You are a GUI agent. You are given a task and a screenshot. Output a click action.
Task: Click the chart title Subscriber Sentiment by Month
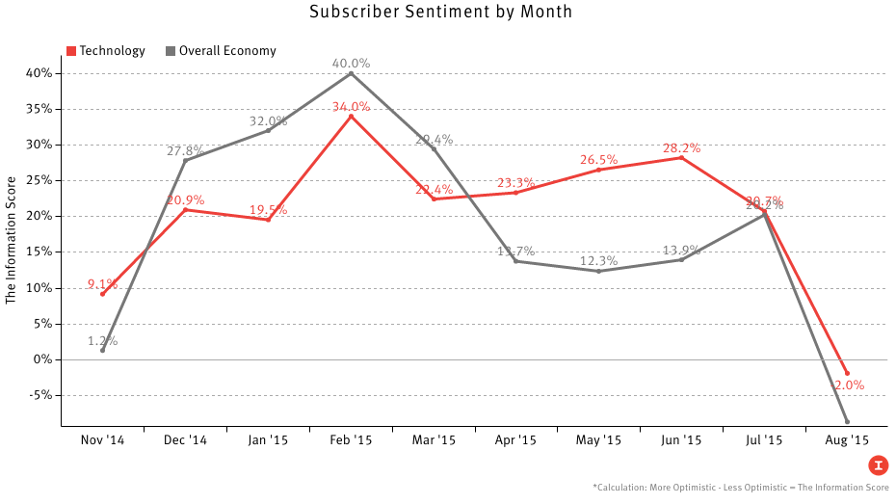tap(441, 13)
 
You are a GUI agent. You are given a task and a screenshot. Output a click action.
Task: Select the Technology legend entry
tap(105, 51)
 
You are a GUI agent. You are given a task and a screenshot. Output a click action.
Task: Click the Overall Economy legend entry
tap(221, 51)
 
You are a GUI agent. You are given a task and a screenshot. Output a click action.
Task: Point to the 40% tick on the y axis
tap(40, 73)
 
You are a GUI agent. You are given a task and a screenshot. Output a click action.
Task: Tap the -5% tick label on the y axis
tap(40, 395)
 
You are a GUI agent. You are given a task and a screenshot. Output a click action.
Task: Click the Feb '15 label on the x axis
tap(351, 440)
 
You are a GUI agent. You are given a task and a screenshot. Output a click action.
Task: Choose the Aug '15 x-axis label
tap(847, 440)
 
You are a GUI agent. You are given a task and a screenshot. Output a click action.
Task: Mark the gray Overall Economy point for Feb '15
tap(351, 73)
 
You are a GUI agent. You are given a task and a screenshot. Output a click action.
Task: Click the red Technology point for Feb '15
tap(351, 116)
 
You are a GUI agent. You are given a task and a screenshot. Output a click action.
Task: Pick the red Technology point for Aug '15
tap(847, 373)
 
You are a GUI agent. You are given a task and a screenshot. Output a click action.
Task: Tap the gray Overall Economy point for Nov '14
tap(102, 350)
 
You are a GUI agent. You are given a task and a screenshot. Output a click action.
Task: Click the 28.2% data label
tap(681, 148)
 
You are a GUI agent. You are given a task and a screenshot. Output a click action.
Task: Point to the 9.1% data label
tap(102, 284)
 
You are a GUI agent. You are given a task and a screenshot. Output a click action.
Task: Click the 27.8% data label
tap(185, 151)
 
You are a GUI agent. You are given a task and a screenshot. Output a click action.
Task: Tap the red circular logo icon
tap(878, 465)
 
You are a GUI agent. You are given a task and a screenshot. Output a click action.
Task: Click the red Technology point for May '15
tap(598, 170)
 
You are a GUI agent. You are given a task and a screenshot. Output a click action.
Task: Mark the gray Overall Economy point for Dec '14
tap(185, 160)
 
